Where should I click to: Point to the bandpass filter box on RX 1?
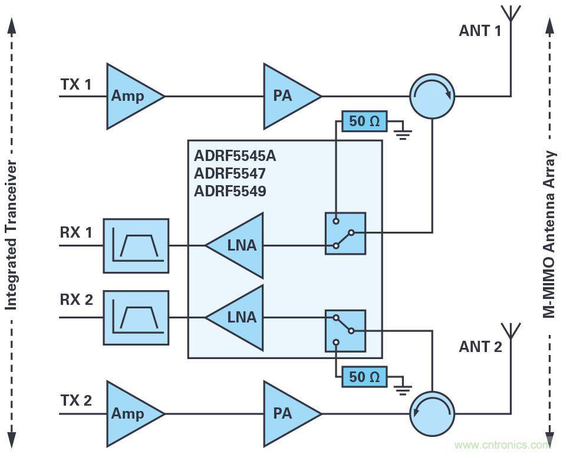(136, 246)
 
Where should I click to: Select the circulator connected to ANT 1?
(432, 96)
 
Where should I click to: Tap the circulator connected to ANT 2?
(432, 413)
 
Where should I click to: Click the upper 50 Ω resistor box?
(365, 123)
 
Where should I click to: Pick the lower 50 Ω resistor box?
(365, 377)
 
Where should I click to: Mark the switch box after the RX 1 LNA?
(345, 233)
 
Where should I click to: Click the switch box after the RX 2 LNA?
(345, 331)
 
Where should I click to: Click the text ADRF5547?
(229, 174)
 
